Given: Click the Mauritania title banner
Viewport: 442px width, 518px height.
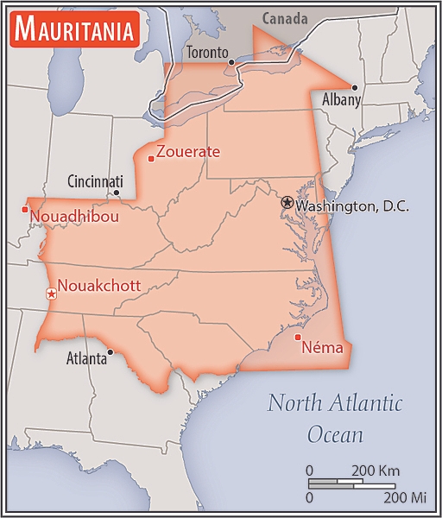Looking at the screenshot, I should tap(74, 31).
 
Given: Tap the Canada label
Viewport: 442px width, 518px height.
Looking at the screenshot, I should tap(284, 18).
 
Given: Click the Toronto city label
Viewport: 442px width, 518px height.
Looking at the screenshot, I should tap(207, 53).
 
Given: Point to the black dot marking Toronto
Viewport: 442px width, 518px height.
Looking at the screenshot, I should tap(231, 62).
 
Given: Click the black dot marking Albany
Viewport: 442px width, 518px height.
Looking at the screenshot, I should tap(354, 87).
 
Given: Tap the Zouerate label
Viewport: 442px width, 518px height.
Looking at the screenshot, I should tap(188, 152).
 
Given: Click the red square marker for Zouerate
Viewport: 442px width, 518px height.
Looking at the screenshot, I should tap(151, 158).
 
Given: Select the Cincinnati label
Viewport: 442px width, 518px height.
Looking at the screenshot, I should tap(95, 181).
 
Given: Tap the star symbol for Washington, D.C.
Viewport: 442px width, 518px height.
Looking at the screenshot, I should tap(287, 202).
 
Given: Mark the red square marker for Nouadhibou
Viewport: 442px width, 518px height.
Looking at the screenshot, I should tap(25, 209).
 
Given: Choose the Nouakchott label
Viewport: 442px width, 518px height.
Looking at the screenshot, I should tap(99, 286).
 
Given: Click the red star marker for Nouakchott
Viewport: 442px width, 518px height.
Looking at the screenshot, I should tap(51, 294).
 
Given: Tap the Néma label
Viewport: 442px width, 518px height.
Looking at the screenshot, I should tap(322, 349).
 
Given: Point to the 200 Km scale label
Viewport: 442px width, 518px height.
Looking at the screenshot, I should tap(375, 471).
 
